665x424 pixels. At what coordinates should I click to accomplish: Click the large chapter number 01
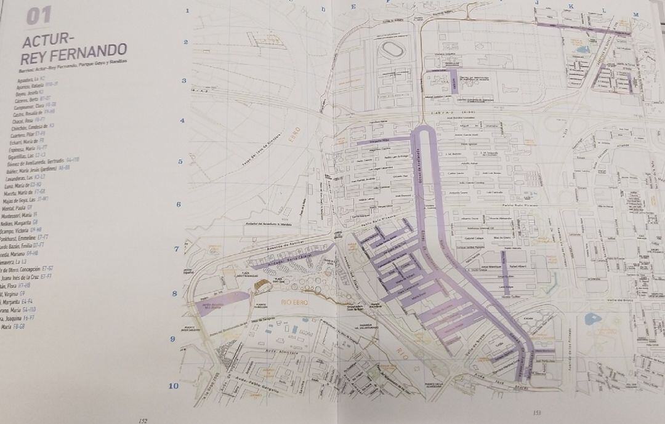click(38, 16)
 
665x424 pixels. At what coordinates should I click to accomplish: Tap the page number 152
click(143, 420)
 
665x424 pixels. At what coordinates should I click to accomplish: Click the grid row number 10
click(174, 386)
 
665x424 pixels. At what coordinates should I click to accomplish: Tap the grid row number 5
click(180, 162)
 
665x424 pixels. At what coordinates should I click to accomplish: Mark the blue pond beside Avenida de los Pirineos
click(592, 319)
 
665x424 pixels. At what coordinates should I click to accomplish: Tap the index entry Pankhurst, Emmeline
click(18, 236)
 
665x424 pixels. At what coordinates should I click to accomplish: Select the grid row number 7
click(177, 249)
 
